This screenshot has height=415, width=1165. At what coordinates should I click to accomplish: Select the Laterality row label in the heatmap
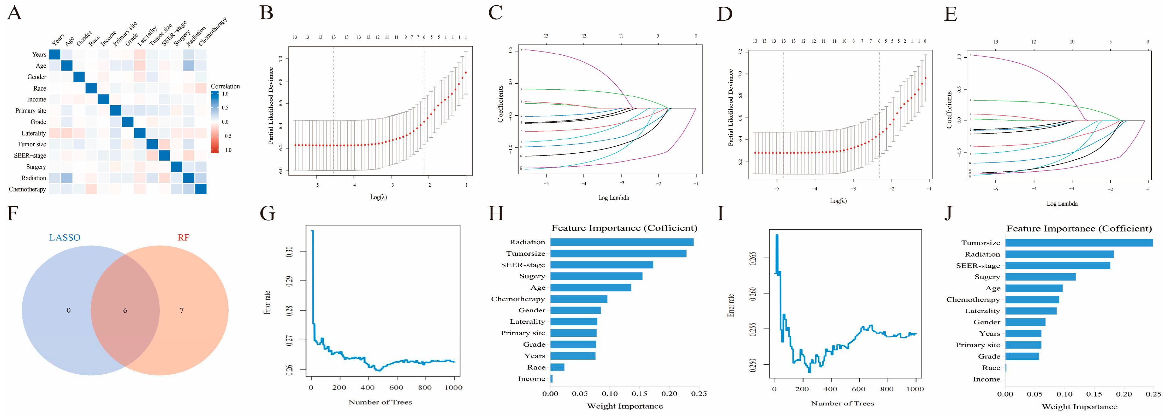(33, 133)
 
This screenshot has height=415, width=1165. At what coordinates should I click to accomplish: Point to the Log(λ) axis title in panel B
(379, 197)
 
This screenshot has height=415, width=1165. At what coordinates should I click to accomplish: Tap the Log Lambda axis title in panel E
(1062, 204)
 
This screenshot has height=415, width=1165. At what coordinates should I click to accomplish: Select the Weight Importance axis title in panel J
(1079, 407)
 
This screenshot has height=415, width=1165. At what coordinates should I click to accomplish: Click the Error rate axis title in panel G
(268, 302)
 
